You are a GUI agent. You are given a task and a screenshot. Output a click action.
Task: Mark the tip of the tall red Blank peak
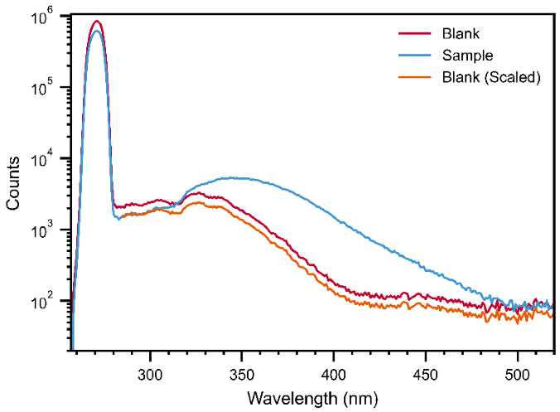[x=97, y=21]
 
